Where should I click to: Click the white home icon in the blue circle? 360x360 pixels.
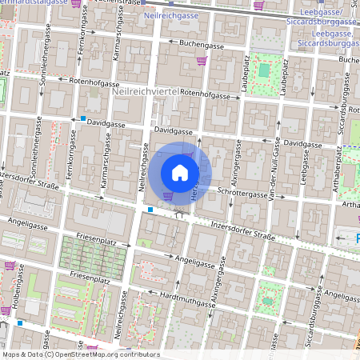180,172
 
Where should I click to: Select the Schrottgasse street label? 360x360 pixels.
242,194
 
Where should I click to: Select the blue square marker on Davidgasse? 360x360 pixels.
84,119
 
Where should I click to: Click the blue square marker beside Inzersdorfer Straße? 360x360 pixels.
150,210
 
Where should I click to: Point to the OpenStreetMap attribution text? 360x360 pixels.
80,354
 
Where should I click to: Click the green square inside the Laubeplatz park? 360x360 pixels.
264,70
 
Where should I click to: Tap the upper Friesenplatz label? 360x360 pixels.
102,238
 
